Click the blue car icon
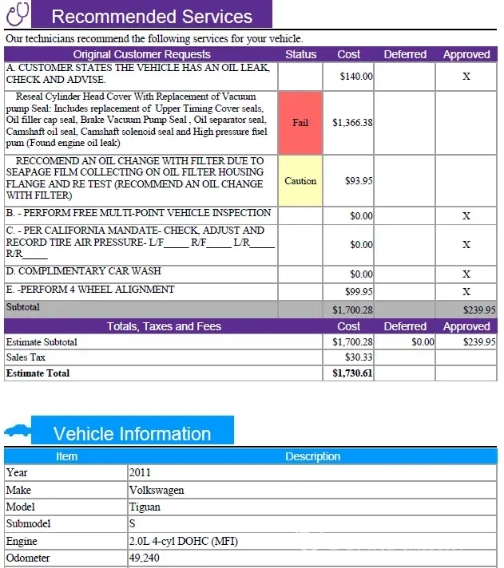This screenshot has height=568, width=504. (17, 432)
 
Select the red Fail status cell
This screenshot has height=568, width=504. (300, 123)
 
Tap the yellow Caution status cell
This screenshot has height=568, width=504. (300, 181)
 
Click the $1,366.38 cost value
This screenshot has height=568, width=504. (352, 123)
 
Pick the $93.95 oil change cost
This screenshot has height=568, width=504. (359, 181)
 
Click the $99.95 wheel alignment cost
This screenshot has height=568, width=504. (359, 292)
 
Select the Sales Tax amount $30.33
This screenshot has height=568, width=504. (359, 357)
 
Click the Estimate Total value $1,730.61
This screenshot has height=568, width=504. (352, 373)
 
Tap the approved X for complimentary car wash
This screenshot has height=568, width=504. (466, 274)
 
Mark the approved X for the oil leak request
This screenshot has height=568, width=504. (466, 77)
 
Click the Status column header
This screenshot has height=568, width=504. (300, 54)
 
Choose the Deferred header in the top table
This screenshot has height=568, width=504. (405, 54)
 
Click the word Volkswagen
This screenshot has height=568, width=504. (156, 490)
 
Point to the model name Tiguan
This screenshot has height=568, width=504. (145, 507)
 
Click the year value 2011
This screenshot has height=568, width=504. (140, 472)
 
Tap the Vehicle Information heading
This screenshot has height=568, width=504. (132, 434)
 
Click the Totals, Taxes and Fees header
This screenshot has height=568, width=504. (164, 326)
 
